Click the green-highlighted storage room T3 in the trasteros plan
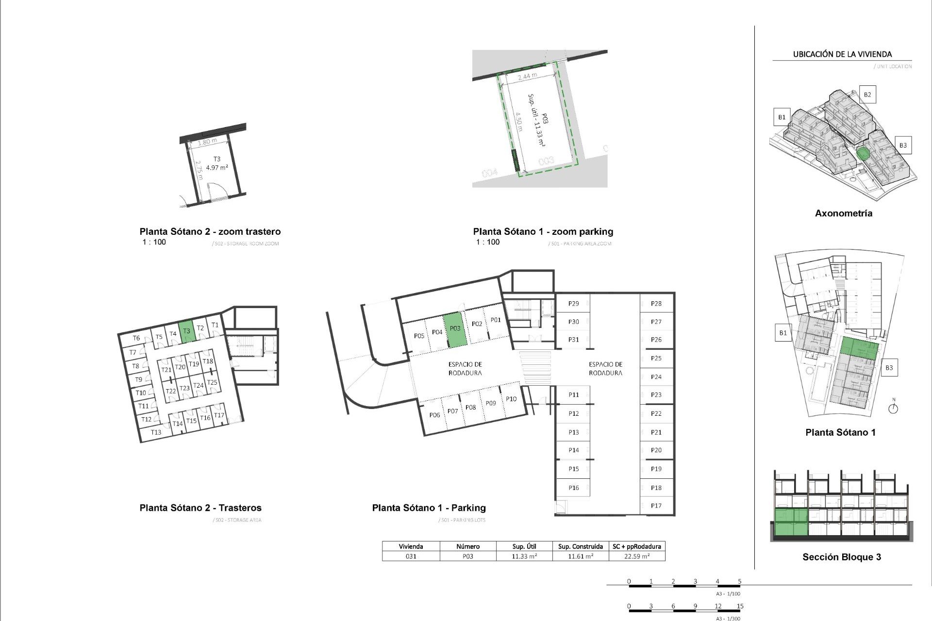click(186, 332)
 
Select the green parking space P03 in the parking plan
click(455, 329)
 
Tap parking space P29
click(573, 304)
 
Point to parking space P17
click(656, 506)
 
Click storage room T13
click(156, 432)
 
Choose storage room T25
click(212, 382)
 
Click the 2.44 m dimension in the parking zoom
click(527, 77)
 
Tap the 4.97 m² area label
click(217, 168)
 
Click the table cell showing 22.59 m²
click(637, 556)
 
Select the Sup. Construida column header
click(581, 546)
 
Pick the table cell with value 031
click(411, 556)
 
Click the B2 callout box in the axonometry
click(867, 95)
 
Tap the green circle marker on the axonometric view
click(863, 154)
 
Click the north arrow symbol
click(893, 408)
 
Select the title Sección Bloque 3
click(841, 557)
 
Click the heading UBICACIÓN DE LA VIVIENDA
click(842, 54)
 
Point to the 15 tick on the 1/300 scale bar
click(740, 606)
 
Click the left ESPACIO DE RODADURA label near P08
click(465, 369)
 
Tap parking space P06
click(434, 415)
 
